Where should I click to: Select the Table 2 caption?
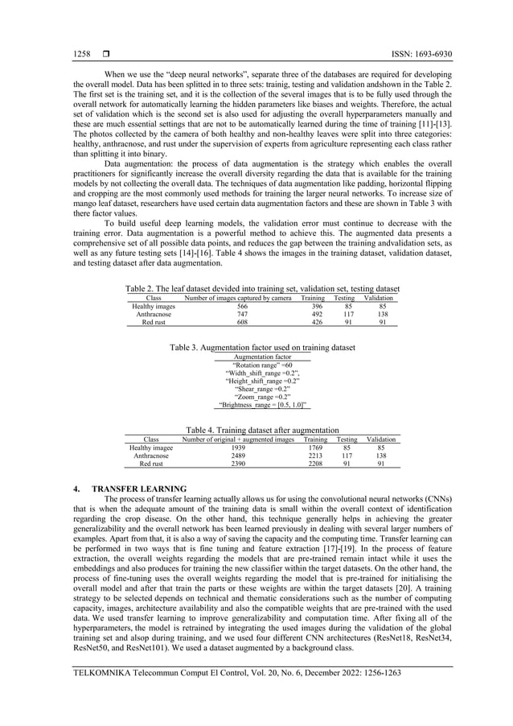coord(262,287)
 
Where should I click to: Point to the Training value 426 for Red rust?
coord(317,322)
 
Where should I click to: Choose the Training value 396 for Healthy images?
coord(317,306)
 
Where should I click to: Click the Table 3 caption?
coord(262,347)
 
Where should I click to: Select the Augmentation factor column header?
coord(262,356)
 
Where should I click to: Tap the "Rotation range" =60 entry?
coord(262,365)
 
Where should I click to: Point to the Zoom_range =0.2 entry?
coord(262,397)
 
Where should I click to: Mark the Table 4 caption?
coord(262,430)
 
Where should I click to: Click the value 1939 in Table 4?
coord(239,448)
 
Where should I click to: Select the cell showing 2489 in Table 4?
coord(239,456)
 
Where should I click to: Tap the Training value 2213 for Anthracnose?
coord(317,456)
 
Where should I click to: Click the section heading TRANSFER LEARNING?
coord(139,489)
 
